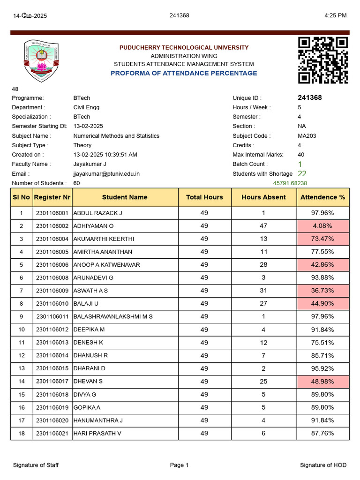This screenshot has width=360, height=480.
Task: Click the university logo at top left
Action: click(41, 61)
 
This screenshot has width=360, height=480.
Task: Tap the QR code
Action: click(323, 60)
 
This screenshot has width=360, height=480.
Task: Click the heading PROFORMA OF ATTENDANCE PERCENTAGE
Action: click(184, 73)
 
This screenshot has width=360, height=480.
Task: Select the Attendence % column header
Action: click(322, 197)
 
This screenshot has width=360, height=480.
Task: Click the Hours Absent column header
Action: click(263, 197)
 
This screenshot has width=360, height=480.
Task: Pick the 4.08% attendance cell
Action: click(322, 226)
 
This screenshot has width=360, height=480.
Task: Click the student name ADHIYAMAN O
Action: click(94, 226)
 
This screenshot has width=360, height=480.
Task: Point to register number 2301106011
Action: click(52, 316)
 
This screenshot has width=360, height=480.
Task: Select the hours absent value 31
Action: click(263, 291)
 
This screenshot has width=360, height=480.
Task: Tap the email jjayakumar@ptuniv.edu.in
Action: click(106, 174)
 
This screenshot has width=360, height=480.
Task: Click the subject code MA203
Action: click(307, 136)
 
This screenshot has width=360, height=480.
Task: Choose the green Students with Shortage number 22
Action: click(302, 173)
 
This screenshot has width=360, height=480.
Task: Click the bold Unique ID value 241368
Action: click(309, 98)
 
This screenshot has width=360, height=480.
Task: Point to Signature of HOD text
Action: click(323, 465)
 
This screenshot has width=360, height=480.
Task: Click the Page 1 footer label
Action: click(180, 465)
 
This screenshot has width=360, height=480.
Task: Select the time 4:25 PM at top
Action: click(335, 15)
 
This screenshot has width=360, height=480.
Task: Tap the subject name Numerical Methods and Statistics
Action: click(116, 136)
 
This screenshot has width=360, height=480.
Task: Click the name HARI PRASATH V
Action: click(97, 433)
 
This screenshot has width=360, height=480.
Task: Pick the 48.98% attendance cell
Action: click(322, 382)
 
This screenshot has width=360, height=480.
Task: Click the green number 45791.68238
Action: click(290, 183)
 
